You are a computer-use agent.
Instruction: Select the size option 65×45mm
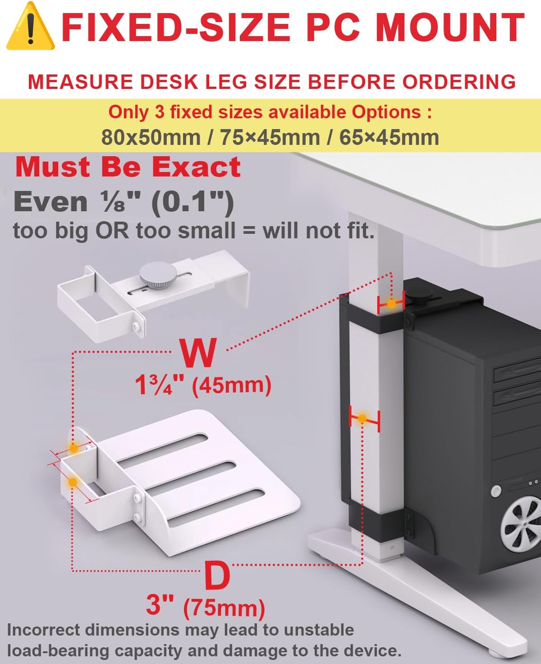[x=389, y=137]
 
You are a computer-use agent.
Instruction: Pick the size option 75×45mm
[x=270, y=137]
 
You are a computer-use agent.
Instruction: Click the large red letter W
[x=198, y=353]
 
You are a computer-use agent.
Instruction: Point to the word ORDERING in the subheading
[x=459, y=82]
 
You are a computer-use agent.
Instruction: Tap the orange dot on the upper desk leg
[x=391, y=304]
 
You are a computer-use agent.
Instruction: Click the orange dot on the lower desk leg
[x=362, y=419]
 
